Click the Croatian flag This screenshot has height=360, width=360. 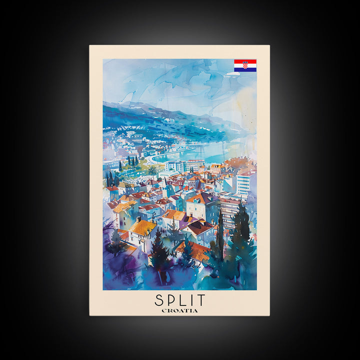pos(245,65)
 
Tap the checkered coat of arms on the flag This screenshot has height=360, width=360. pos(245,65)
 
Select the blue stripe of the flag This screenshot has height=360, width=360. pos(245,69)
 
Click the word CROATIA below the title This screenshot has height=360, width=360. pos(179,310)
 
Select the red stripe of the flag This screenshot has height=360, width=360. pos(245,61)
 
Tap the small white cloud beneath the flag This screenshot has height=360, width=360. pos(232,74)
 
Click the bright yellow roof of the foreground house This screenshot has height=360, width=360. pos(143,227)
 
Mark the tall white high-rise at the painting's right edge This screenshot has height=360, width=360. pos(243,183)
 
